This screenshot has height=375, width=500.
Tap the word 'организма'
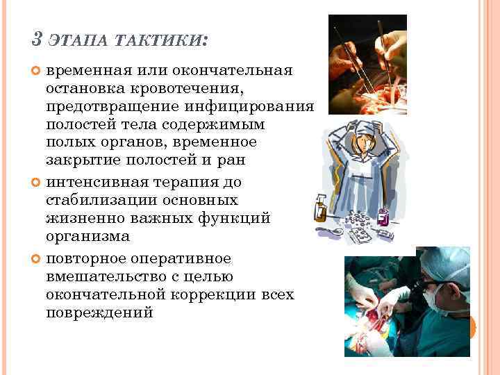(x=87, y=237)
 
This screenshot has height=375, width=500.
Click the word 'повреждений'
(x=99, y=313)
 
